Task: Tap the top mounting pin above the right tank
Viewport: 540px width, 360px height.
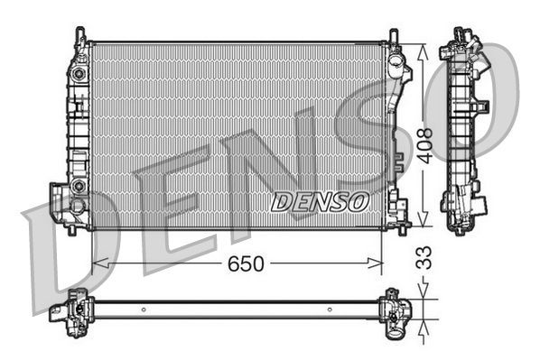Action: pos(394,35)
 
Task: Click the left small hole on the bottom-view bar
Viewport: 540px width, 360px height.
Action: pos(142,309)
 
